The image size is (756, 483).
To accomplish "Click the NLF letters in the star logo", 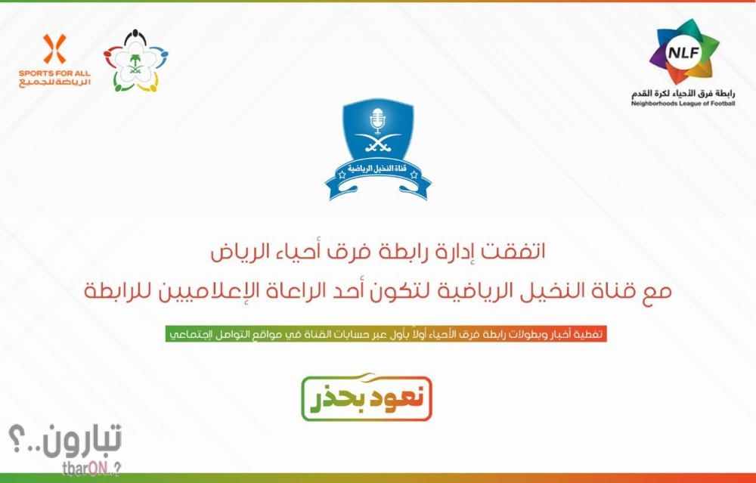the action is [683, 52].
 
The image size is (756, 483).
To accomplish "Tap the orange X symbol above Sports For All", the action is [54, 48].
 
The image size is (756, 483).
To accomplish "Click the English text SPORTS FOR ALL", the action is [54, 73].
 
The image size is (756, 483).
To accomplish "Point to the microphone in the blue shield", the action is [377, 120].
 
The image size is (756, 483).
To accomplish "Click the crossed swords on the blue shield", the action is [377, 142].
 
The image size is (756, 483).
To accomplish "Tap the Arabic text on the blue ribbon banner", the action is [378, 169].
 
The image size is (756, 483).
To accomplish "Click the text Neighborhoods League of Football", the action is [683, 103].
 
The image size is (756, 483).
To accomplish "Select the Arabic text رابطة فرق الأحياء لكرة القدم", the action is [683, 93].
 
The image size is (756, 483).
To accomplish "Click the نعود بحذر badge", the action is [367, 398].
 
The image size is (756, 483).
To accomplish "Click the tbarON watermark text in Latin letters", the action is [91, 469].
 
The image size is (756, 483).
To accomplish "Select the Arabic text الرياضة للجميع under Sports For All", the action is [54, 82].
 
